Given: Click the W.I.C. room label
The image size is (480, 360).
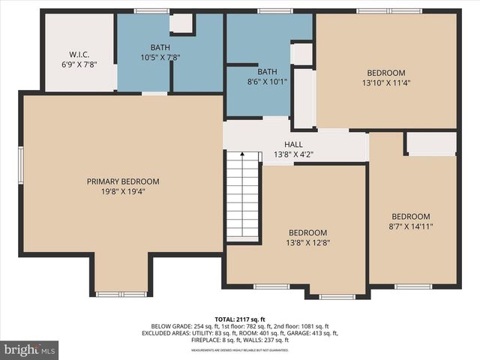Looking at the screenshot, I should point(79,54).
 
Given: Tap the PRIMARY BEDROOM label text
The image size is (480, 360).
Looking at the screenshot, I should point(123,181).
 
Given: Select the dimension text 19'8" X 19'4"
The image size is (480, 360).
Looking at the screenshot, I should point(123,191).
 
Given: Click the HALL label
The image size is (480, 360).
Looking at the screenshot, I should point(292,145).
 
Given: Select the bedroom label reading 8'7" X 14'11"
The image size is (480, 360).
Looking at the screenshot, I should point(411,226).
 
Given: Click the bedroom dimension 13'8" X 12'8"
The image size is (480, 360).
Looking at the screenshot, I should point(308,242).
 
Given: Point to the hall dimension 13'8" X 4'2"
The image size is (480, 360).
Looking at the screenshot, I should point(292,154).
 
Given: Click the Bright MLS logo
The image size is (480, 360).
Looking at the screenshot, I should point(30,349).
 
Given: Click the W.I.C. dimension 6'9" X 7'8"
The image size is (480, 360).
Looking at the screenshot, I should point(79,64).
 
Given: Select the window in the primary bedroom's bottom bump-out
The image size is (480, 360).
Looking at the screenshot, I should point(121,294).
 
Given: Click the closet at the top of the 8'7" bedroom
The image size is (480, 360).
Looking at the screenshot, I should point(431,143).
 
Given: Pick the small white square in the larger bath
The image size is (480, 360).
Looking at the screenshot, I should point(181,22).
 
